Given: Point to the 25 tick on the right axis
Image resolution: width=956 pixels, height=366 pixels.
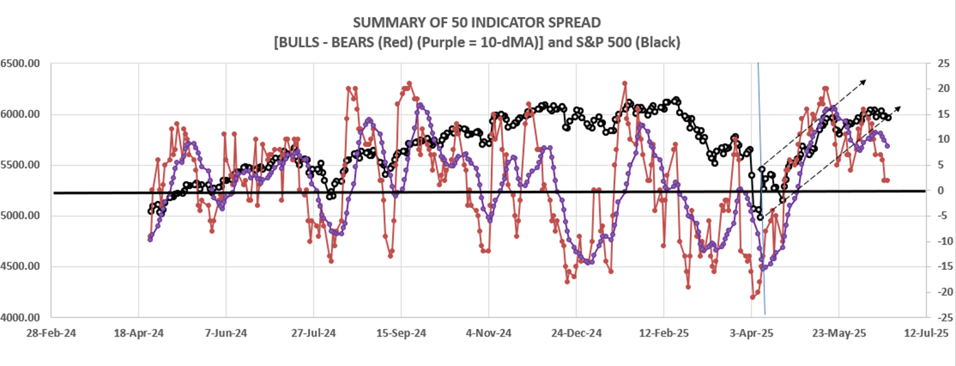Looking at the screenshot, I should pos(940,63).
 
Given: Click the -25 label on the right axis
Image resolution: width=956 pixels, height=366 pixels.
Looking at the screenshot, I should pos(939,317).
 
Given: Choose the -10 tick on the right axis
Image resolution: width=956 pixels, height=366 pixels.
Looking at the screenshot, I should pos(939,241).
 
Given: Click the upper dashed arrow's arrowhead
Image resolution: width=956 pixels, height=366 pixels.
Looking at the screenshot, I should pos(865,80).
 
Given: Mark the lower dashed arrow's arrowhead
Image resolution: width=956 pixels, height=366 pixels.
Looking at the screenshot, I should pos(899,108).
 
